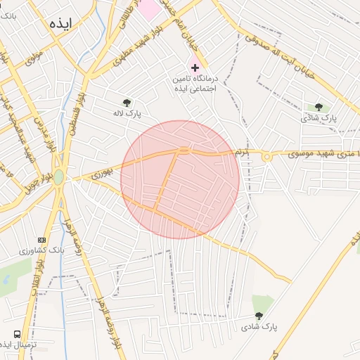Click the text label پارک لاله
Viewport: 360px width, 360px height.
(128, 112)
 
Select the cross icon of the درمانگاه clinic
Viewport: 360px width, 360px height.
(195, 67)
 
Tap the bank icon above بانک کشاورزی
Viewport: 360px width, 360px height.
(41, 240)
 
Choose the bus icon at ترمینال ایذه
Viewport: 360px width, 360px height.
(16, 334)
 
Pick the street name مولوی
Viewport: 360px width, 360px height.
(34, 57)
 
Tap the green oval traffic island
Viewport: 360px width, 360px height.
(58, 176)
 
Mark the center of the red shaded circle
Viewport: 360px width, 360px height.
(180, 179)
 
